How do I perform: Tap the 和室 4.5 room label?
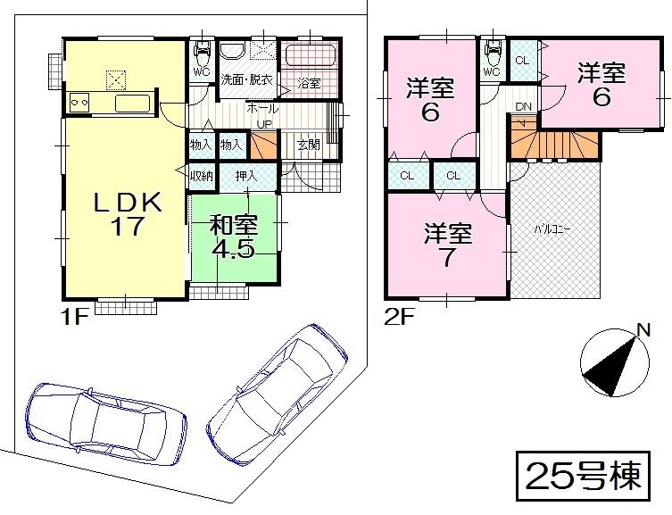click(233, 236)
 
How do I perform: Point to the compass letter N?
click(642, 331)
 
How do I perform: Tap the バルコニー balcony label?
click(553, 228)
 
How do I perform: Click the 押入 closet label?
click(246, 176)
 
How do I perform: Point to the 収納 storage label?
click(202, 176)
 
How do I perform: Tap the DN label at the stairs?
click(525, 107)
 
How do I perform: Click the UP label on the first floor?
click(265, 123)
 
